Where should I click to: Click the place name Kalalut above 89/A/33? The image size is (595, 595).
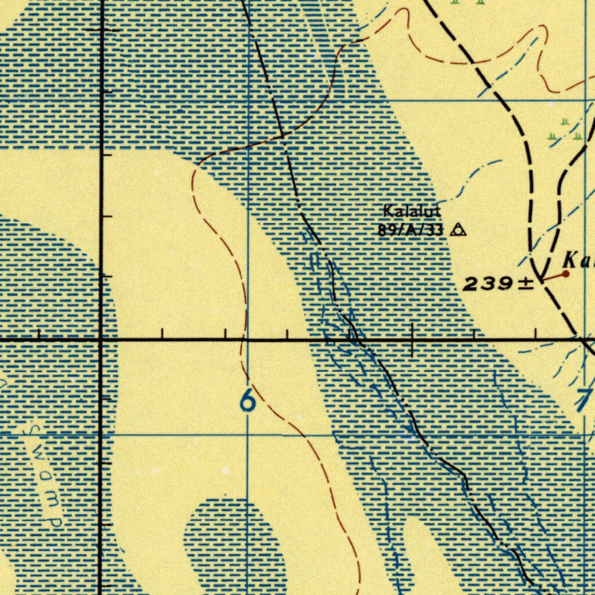[x=411, y=211]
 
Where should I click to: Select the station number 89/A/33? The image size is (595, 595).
[x=410, y=230]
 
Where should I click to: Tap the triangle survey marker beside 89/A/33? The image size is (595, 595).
[x=458, y=230]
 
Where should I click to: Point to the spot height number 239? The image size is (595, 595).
[x=488, y=284]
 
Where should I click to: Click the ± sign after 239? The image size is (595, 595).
[x=525, y=284]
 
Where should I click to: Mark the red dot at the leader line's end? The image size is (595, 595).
[x=566, y=273]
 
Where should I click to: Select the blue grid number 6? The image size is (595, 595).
[x=248, y=401]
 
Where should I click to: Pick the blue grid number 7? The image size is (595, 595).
[x=584, y=401]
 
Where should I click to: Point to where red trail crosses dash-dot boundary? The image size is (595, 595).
[x=283, y=136]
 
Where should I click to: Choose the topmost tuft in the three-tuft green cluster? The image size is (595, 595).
[x=565, y=122]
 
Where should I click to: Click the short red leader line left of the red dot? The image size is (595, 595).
[x=553, y=277]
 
